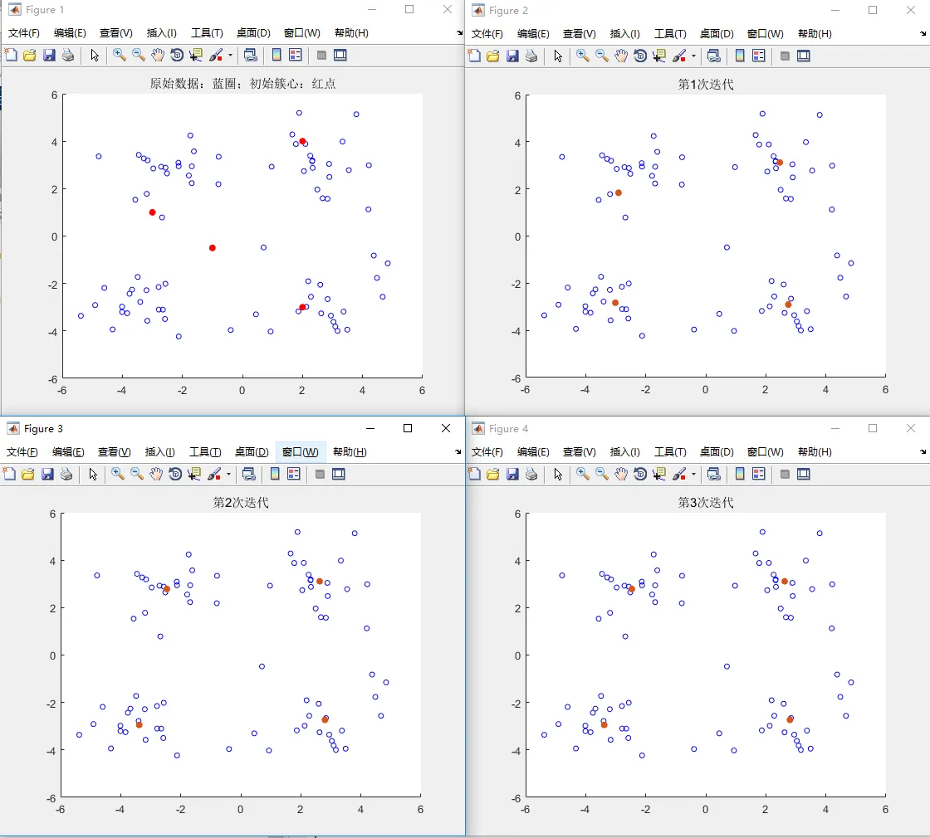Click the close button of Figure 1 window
(448, 9)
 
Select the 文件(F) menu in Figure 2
(487, 34)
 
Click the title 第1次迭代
(706, 85)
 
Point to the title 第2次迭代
(241, 503)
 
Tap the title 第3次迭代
(706, 503)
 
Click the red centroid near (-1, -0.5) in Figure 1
(213, 248)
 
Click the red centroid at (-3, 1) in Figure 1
(152, 212)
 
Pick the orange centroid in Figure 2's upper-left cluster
(618, 192)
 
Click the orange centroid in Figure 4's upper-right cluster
(784, 581)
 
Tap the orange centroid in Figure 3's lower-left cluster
(139, 725)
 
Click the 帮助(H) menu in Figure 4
(815, 452)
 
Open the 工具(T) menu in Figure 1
(207, 33)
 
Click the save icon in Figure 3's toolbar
(49, 474)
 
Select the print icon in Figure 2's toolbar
(531, 56)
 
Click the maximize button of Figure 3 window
(408, 428)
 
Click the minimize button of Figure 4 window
(835, 428)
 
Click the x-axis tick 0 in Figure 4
(706, 809)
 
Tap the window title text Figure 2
(508, 11)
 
